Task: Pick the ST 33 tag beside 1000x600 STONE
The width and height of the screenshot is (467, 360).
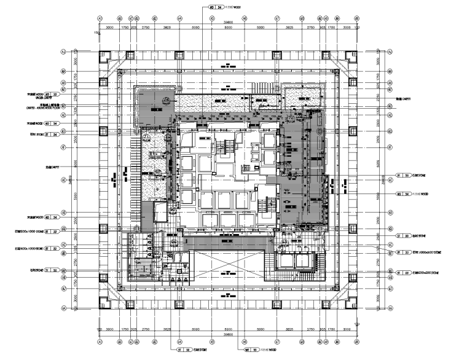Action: (x=403, y=252)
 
